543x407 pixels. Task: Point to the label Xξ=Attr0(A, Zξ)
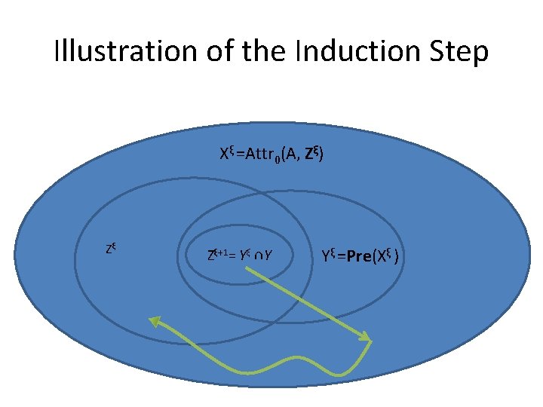point(271,155)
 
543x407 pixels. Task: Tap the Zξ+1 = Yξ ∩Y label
point(239,256)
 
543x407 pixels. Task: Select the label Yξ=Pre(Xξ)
point(359,257)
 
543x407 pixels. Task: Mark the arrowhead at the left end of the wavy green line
point(153,322)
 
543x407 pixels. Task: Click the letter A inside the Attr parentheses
point(290,155)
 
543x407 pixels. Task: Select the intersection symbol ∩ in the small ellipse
point(257,257)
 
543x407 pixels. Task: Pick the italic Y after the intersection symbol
point(268,257)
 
